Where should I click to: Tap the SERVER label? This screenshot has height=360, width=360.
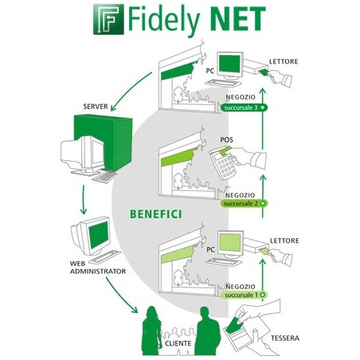(x=95, y=106)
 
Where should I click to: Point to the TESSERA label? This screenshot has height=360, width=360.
(x=284, y=338)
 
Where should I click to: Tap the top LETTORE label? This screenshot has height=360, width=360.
(x=284, y=61)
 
